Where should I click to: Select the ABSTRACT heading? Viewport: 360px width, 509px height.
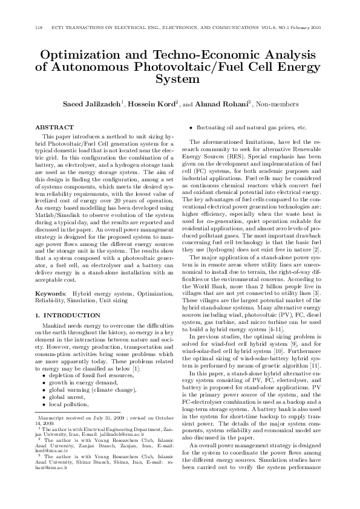[54, 128]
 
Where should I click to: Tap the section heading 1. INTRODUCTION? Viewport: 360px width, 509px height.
[68, 316]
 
